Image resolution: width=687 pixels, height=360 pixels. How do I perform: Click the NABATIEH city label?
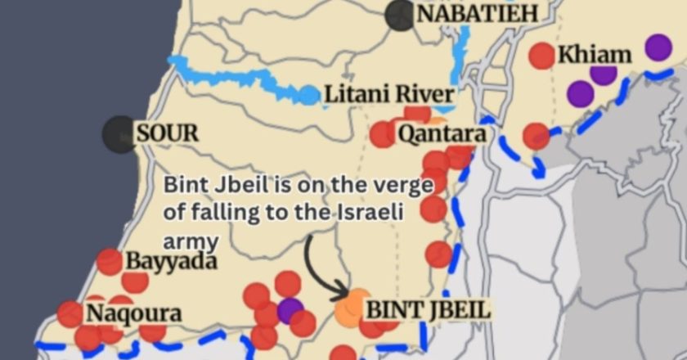478,14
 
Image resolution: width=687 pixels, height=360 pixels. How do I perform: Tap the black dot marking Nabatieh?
401,14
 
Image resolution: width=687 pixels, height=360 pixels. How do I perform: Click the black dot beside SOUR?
119,134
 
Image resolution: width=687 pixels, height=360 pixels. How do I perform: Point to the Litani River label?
389,95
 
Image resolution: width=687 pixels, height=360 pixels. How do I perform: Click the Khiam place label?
595,56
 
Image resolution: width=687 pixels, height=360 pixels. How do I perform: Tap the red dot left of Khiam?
541,55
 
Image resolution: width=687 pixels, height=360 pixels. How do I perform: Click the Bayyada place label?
172,262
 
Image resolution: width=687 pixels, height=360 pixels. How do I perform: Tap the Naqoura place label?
134,313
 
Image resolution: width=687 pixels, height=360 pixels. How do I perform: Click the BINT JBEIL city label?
428,310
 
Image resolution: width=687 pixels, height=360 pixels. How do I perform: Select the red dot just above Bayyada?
109,262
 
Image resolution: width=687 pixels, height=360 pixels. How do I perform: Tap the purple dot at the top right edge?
658,47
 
